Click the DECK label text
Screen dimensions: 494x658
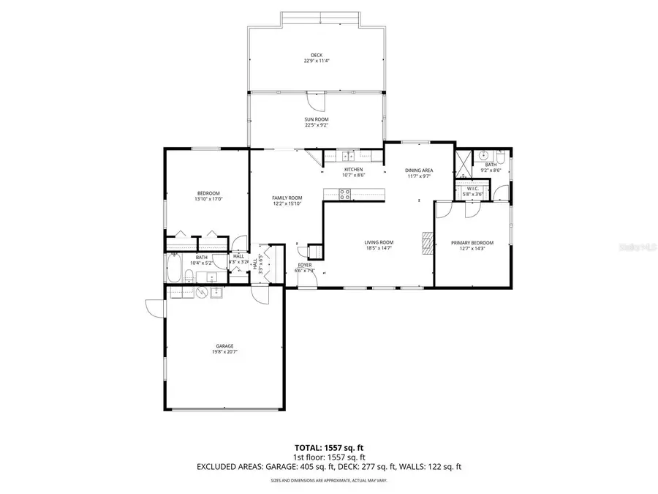316,55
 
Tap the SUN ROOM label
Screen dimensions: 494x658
316,119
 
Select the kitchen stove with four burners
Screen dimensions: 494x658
344,194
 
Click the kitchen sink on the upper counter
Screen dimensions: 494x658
350,155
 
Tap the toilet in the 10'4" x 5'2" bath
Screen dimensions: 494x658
189,276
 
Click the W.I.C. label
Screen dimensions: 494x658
472,188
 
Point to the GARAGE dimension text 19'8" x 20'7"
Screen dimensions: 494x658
224,352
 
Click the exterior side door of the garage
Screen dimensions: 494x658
154,307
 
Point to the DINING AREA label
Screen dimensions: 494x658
419,171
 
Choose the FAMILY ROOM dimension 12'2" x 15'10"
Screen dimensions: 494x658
287,204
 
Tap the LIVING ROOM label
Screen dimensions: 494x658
379,242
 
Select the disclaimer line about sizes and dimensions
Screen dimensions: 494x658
328,481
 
